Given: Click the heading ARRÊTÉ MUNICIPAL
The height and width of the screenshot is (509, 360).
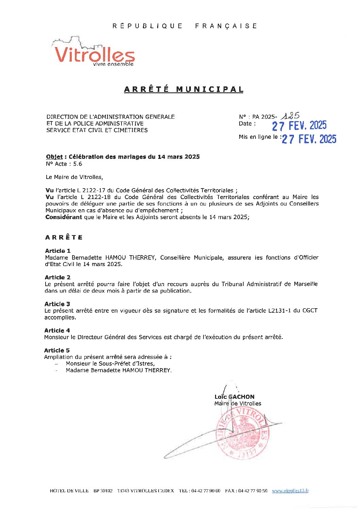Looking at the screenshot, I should coord(184,89).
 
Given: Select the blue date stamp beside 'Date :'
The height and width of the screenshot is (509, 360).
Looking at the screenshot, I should coord(299,126).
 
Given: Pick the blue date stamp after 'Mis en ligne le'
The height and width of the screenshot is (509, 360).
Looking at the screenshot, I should coord(309,139).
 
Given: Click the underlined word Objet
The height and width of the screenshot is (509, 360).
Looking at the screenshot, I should coord(54,157).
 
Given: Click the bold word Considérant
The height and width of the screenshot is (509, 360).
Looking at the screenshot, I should coord(64,217).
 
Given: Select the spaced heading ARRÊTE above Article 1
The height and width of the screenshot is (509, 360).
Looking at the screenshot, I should coord(64,237).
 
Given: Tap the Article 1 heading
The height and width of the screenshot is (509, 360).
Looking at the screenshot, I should coord(58,251).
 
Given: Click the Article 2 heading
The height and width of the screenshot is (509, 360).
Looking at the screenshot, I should coord(58,277).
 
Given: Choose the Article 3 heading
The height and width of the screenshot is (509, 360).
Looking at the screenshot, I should coord(57,304).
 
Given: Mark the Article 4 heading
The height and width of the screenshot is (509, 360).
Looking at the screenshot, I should coord(57,330).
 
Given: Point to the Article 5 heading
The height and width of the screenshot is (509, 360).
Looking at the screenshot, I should coord(57,350).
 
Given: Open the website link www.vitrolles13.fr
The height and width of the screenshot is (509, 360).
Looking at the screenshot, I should coord(290,491).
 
